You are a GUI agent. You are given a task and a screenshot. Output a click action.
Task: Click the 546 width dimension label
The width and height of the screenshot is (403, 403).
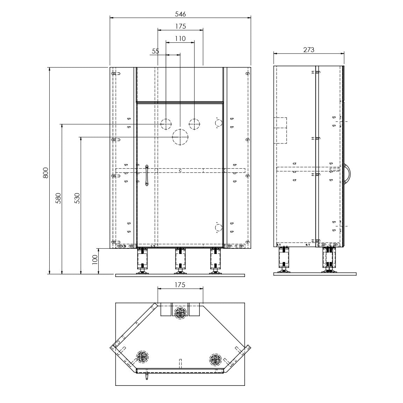click(180, 14)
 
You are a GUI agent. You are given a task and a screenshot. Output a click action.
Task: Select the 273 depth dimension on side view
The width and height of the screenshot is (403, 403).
click(309, 50)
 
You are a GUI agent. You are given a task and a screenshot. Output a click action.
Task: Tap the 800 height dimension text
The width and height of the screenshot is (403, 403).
click(45, 173)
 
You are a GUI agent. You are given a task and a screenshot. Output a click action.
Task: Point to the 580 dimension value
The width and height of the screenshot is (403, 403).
click(58, 198)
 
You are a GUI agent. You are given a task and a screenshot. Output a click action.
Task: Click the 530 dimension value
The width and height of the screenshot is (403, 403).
click(77, 198)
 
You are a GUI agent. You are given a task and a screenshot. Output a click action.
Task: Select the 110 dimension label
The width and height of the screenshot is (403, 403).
click(180, 38)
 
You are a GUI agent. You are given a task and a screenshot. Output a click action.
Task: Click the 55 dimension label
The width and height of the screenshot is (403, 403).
click(155, 51)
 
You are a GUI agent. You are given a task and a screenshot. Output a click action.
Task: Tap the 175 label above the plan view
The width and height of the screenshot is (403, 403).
click(180, 285)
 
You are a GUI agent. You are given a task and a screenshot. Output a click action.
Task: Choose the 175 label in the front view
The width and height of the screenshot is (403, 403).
click(181, 26)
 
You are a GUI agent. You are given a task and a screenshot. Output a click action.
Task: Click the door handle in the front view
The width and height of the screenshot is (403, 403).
click(147, 175)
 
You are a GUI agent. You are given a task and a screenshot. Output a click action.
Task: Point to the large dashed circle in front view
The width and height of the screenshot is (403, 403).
click(180, 137)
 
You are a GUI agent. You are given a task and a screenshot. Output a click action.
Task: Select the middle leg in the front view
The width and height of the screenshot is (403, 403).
click(180, 261)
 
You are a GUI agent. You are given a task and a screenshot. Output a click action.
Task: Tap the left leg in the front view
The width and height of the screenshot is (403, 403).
click(142, 261)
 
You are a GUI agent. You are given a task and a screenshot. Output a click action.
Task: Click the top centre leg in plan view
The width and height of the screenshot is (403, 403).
click(180, 313)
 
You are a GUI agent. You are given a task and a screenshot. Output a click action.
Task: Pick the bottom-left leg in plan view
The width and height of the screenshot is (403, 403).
click(142, 356)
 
